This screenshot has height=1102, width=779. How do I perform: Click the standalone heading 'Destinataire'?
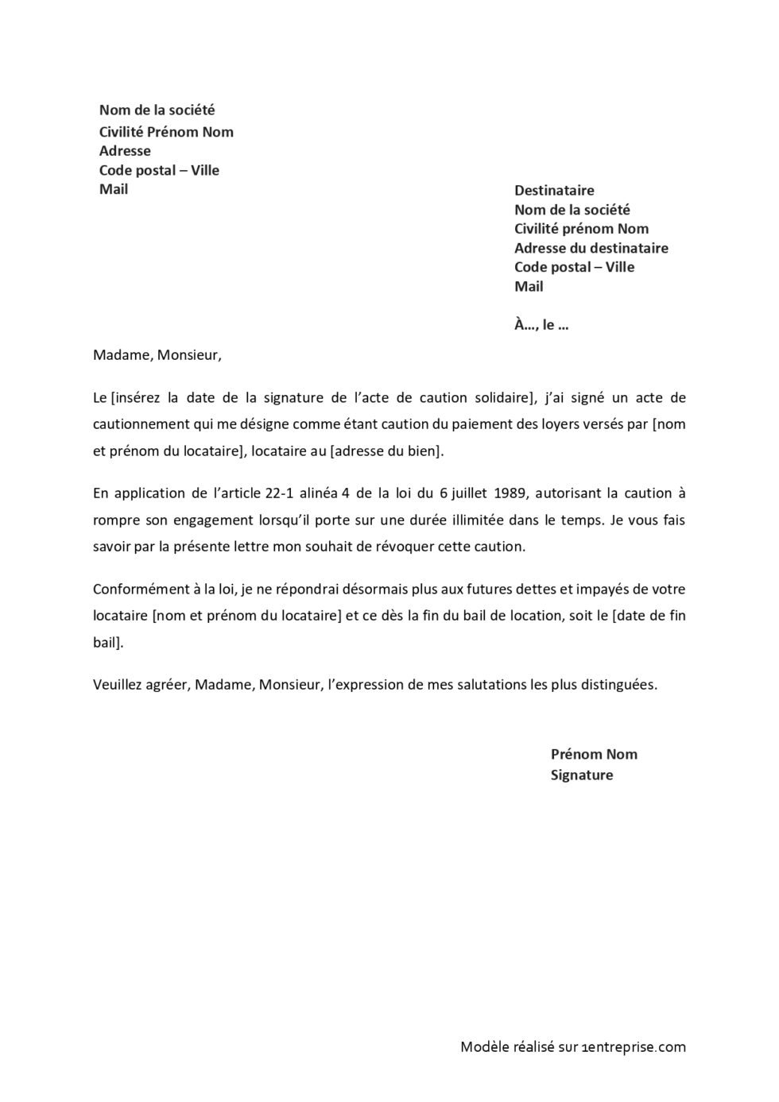tap(554, 191)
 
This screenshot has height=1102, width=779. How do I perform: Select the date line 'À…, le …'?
tap(541, 325)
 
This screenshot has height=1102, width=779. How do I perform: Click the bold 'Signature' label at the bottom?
tap(582, 775)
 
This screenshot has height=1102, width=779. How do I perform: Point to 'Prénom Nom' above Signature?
tap(594, 755)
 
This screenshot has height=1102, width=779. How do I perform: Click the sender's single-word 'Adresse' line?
tap(125, 151)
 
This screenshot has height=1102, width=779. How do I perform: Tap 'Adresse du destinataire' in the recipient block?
tap(591, 249)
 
